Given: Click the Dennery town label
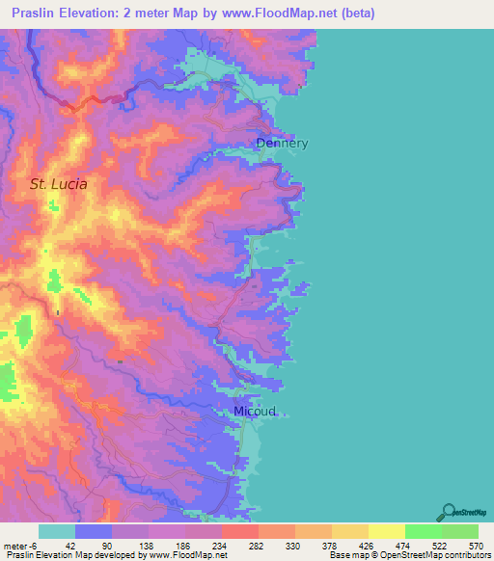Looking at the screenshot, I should tap(282, 144).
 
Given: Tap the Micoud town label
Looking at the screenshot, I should tap(255, 412).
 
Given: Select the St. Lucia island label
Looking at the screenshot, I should tap(58, 183).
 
